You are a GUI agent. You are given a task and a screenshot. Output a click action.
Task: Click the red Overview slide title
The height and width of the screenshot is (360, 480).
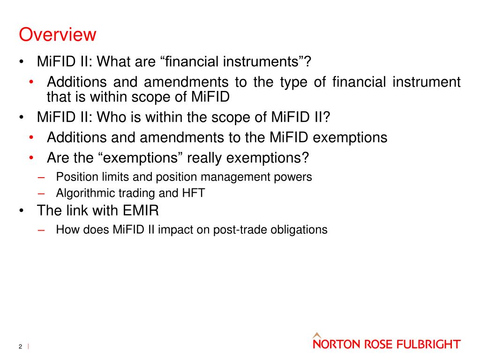pyautogui.click(x=57, y=35)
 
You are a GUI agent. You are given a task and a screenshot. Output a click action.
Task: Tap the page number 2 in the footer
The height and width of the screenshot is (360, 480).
pyautogui.click(x=21, y=346)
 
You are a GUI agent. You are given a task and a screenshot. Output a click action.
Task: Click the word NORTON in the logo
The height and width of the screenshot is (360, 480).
pyautogui.click(x=335, y=345)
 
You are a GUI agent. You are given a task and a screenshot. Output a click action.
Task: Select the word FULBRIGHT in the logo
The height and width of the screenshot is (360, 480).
pyautogui.click(x=429, y=345)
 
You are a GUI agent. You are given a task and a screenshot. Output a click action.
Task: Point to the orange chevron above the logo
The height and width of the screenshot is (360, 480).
pyautogui.click(x=317, y=335)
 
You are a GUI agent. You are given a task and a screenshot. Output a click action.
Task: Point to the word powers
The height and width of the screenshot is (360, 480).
pyautogui.click(x=295, y=177)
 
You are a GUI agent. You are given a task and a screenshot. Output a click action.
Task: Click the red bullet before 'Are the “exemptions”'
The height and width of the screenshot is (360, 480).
pyautogui.click(x=30, y=158)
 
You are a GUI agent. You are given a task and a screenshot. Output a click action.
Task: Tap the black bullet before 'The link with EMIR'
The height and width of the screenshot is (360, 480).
pyautogui.click(x=22, y=211)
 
